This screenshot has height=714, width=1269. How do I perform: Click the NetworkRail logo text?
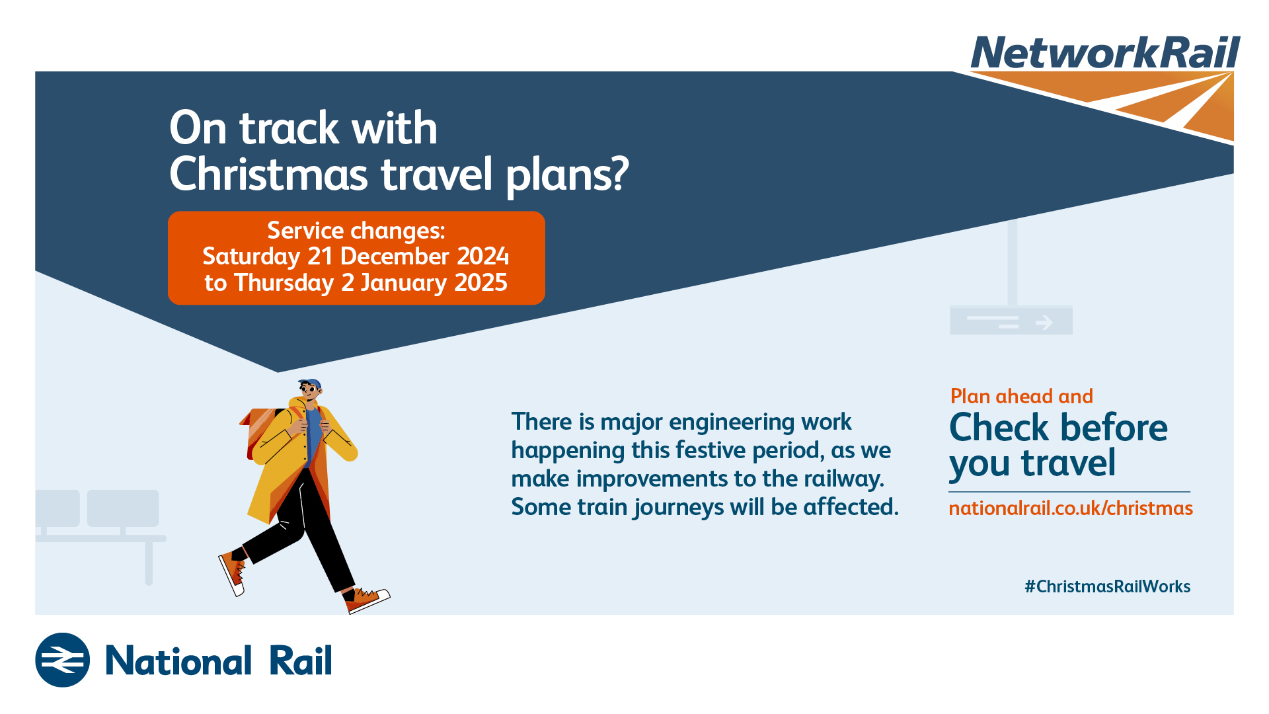click(x=1105, y=52)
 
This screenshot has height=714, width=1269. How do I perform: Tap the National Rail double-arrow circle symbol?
click(x=63, y=660)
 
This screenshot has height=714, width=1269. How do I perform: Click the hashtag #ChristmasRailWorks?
click(x=1108, y=586)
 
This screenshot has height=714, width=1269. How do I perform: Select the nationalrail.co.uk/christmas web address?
click(x=1071, y=508)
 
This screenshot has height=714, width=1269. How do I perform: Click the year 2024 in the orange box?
click(x=483, y=256)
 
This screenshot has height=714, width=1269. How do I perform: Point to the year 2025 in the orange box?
click(x=481, y=282)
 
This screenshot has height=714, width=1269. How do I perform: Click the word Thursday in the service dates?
click(x=284, y=283)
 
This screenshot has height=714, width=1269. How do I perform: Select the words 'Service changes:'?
click(x=356, y=230)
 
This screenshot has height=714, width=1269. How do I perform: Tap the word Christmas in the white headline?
click(x=268, y=174)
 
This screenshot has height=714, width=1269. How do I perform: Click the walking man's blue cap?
click(x=311, y=384)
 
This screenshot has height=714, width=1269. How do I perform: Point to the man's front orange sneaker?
click(x=367, y=599)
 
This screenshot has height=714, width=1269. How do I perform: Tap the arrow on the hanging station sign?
click(x=1044, y=323)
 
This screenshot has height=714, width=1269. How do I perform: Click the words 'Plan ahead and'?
click(x=1022, y=396)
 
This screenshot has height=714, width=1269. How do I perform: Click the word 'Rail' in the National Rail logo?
click(x=301, y=660)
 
